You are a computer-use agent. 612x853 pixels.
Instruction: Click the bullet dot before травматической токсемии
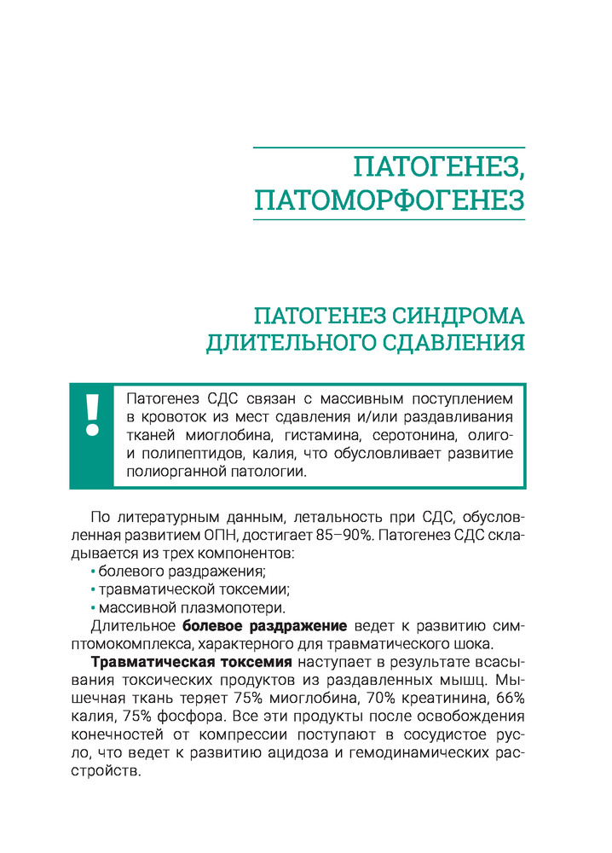tap(92, 589)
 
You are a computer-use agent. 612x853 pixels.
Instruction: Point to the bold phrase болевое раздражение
tap(265, 626)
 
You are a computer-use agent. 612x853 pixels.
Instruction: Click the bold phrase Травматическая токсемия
tap(192, 663)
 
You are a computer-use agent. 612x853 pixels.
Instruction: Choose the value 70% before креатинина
tap(406, 699)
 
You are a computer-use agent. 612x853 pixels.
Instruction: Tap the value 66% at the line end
tap(508, 699)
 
